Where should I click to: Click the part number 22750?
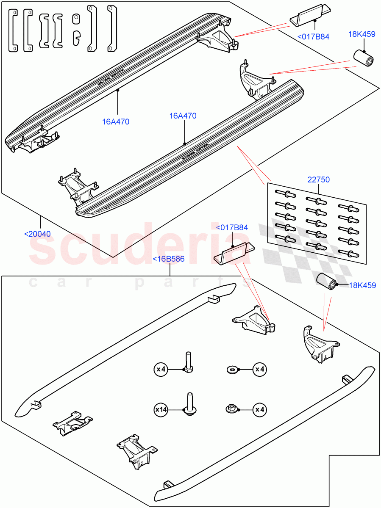(318, 179)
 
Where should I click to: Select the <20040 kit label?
(37, 234)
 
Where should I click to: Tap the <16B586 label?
(168, 259)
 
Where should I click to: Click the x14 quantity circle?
(161, 409)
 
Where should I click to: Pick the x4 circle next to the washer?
(259, 370)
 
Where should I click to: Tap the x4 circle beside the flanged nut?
(259, 409)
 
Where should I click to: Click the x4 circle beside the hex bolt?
(161, 370)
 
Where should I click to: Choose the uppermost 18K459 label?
(362, 34)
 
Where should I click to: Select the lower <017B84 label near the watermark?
(231, 227)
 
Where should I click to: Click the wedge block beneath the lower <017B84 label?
(231, 254)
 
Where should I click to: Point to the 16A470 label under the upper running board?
(115, 122)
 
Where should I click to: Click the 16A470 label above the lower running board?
(183, 116)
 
